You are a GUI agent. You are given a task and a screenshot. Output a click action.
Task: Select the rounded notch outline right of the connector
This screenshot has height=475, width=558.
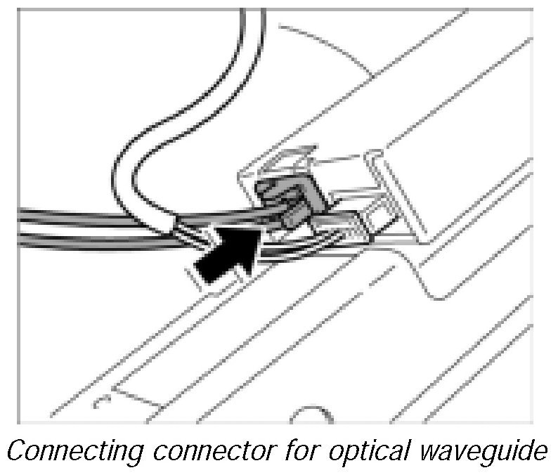point(429,281)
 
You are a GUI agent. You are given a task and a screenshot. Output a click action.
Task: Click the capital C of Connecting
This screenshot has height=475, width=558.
point(16,450)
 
